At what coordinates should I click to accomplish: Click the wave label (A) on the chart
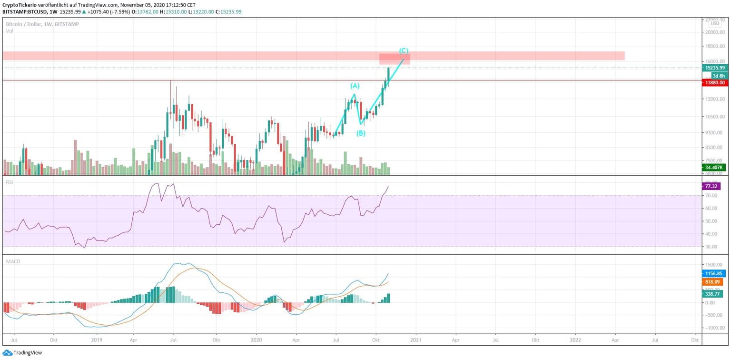pyautogui.click(x=355, y=86)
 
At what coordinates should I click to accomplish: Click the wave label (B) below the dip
pyautogui.click(x=361, y=133)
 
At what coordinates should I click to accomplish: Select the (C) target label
pyautogui.click(x=404, y=50)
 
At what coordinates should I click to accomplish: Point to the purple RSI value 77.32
pyautogui.click(x=711, y=186)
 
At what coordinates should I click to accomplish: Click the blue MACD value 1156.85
pyautogui.click(x=712, y=274)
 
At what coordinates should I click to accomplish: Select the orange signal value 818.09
pyautogui.click(x=712, y=282)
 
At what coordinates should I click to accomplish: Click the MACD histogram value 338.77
pyautogui.click(x=712, y=294)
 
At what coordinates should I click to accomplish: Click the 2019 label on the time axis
pyautogui.click(x=97, y=340)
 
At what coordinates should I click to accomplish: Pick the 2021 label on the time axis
pyautogui.click(x=415, y=340)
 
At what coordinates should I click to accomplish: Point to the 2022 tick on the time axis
pyautogui.click(x=575, y=340)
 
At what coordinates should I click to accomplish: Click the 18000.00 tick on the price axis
pyautogui.click(x=715, y=47)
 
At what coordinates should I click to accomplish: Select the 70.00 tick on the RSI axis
pyautogui.click(x=711, y=195)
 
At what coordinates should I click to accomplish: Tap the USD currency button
pyautogui.click(x=714, y=23)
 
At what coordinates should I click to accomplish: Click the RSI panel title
pyautogui.click(x=9, y=182)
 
